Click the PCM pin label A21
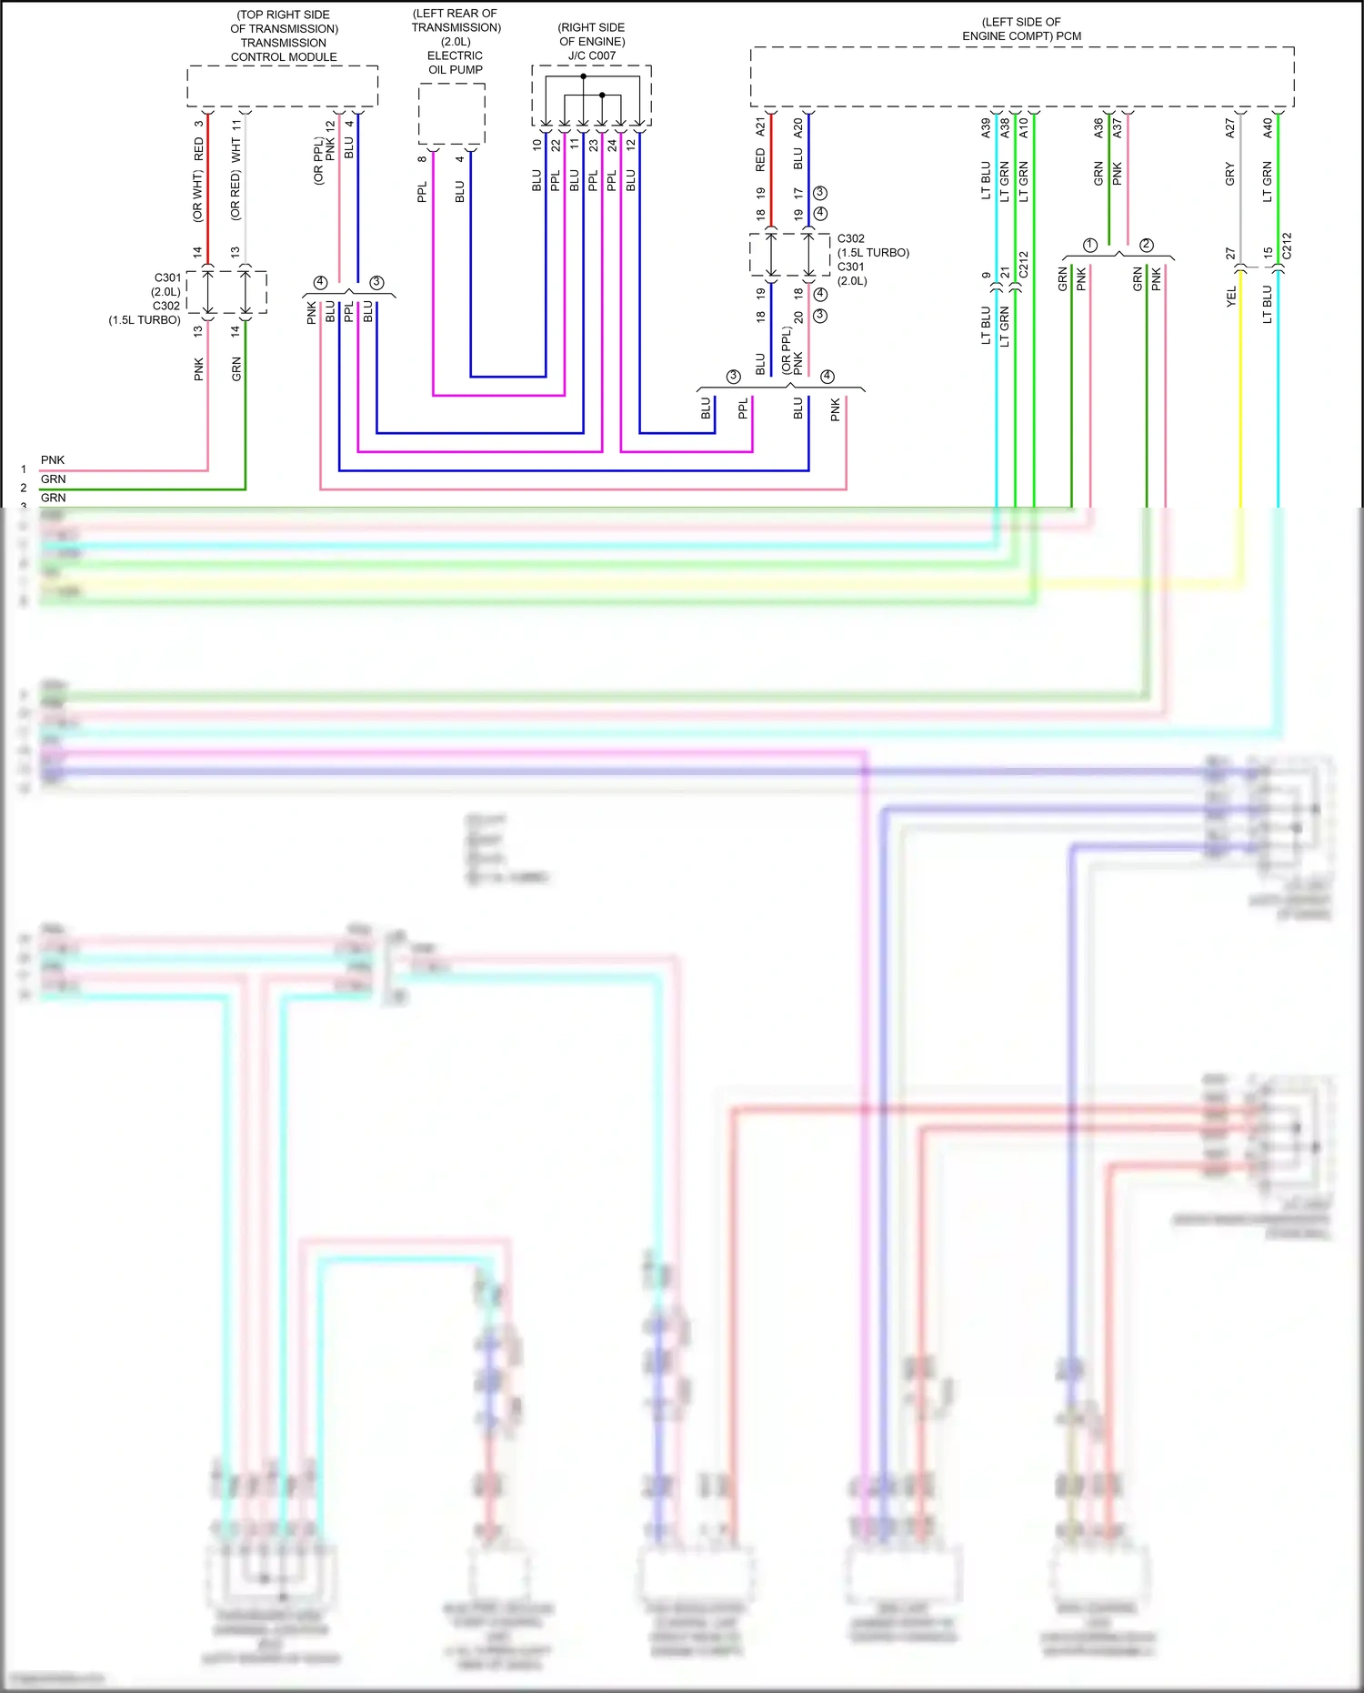point(760,126)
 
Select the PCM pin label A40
point(1268,128)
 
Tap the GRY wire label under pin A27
point(1229,174)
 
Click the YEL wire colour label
point(1231,296)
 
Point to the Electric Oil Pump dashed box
point(452,114)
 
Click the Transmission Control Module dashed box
point(283,86)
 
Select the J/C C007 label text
point(592,55)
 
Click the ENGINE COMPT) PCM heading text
point(1021,36)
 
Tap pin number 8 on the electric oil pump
point(422,158)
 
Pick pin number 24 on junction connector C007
point(612,144)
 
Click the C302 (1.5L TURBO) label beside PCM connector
point(872,246)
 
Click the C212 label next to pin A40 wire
point(1287,246)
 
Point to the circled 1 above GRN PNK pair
point(1090,245)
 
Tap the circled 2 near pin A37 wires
point(1147,245)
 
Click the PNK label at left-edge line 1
point(53,460)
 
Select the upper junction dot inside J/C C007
point(584,76)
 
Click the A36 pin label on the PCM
point(1098,128)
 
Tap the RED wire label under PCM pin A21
point(760,160)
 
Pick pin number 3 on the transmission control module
point(198,124)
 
